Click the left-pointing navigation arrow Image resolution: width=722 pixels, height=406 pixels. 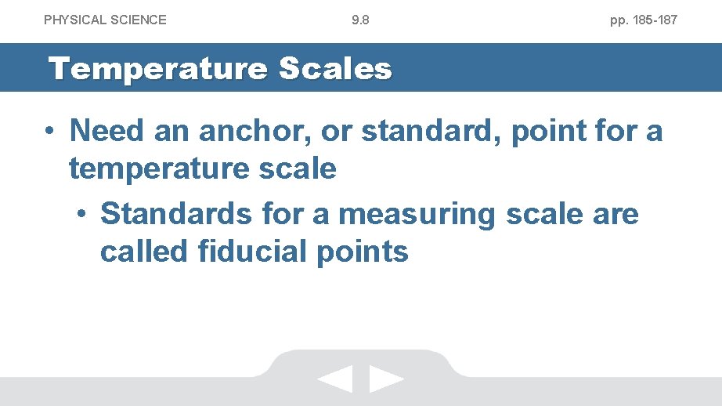click(335, 379)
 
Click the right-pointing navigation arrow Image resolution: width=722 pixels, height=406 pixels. click(386, 379)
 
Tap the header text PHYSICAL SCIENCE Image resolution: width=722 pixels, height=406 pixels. click(105, 20)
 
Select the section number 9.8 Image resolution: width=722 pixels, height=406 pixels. click(360, 20)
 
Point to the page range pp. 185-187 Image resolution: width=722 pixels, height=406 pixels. click(644, 20)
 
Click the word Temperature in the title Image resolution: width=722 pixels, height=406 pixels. click(157, 69)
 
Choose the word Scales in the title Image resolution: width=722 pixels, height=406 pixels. click(334, 69)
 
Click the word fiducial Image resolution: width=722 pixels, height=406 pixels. click(255, 252)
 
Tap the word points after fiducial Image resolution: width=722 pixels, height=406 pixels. click(364, 252)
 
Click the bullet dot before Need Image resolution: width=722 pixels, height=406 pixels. click(49, 131)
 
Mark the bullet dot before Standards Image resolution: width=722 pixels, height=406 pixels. click(82, 215)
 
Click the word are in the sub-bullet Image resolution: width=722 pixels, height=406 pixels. click(613, 214)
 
